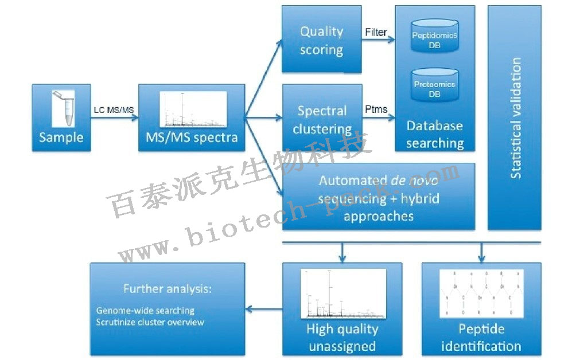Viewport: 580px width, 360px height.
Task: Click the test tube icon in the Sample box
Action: coord(61,109)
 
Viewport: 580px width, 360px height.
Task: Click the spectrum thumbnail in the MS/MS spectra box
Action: coord(192,109)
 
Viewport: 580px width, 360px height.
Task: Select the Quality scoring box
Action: coord(321,40)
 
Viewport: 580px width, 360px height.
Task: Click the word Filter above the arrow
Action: coord(376,32)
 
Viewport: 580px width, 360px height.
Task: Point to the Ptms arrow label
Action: coord(376,109)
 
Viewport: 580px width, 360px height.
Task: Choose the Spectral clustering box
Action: coord(321,119)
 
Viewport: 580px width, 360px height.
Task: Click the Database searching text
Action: coord(435,134)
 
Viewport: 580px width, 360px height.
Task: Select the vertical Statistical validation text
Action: coord(516,118)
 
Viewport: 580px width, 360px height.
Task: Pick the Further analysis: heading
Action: coord(168,288)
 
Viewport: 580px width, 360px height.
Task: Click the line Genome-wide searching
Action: coord(145,311)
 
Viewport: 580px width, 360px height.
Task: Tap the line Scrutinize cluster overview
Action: coord(150,322)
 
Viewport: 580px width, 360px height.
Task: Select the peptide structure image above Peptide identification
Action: coord(481,293)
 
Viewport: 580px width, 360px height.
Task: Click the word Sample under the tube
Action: coord(61,138)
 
